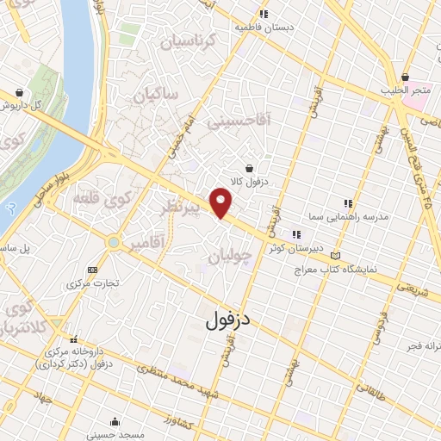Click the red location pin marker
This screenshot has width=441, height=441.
[x=222, y=203]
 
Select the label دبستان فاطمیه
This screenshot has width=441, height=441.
[x=265, y=27]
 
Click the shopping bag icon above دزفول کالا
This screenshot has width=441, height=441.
[x=249, y=167]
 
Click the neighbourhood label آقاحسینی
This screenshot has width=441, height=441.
[x=239, y=121]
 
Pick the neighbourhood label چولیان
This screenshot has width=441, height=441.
[x=233, y=255]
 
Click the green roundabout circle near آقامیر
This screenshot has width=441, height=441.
[x=114, y=243]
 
